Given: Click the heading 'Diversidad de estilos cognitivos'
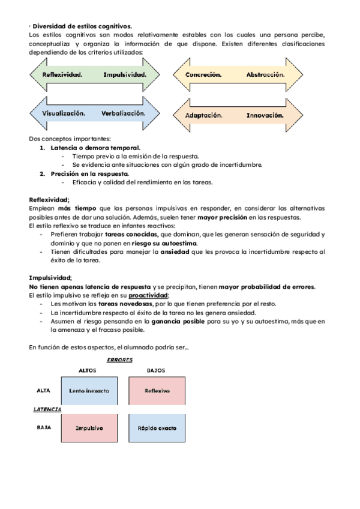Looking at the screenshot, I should coord(82,26).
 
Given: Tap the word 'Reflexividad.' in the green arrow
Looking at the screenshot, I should coord(62,75).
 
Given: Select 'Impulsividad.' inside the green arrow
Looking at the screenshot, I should coord(125,75).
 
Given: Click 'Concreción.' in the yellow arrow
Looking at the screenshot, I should coord(204,75).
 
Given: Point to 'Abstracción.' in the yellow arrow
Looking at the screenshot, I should coord(265,75).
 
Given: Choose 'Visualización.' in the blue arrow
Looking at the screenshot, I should coord(64,113).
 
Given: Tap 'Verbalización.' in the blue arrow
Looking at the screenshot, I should coord(123,113).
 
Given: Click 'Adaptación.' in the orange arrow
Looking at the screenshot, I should coord(204,115).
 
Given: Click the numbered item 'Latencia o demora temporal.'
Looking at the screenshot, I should coord(96,148).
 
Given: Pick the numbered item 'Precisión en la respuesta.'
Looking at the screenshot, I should coord(90,173).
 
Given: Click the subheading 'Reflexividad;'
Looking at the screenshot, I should coord(49,200).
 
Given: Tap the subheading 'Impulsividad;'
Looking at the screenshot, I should coord(50,278).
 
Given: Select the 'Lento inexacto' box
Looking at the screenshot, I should coord(89,391).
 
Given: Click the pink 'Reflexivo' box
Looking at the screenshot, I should coord(157,391).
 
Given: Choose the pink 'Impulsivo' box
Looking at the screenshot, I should coord(89,428).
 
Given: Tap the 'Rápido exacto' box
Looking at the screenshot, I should coord(157,428).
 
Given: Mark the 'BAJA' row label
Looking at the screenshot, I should coord(43,428).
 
